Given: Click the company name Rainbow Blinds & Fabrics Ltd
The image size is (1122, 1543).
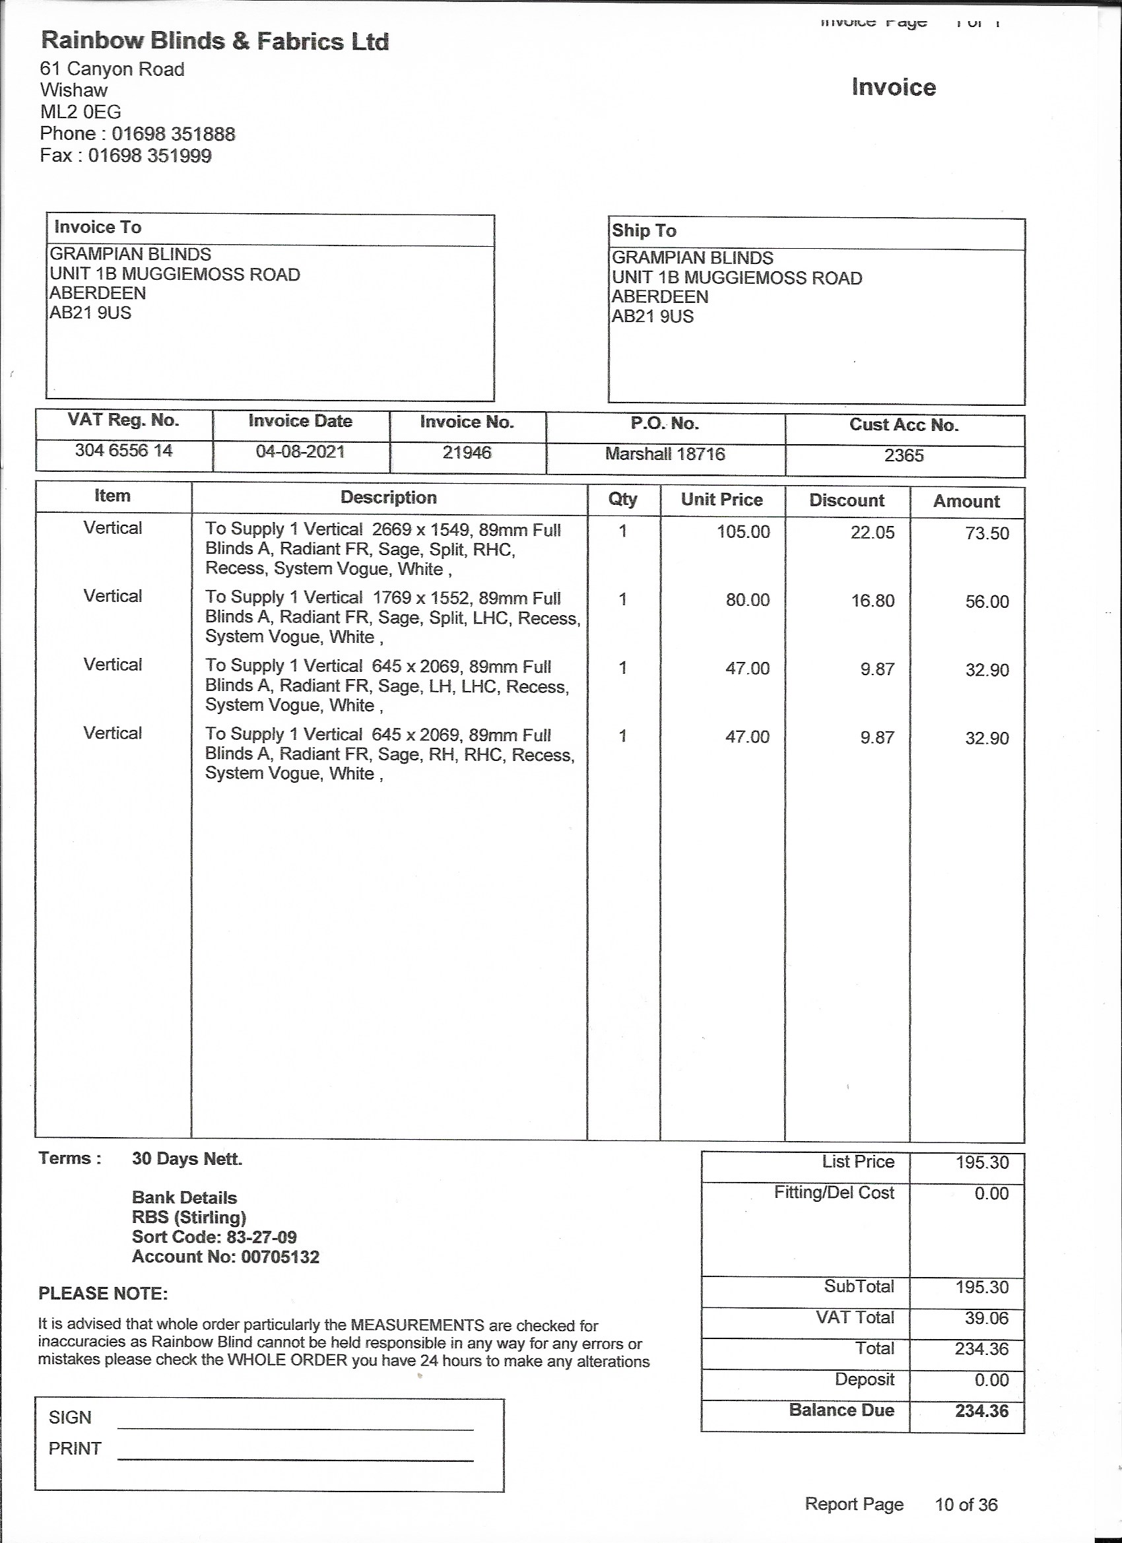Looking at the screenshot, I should tap(215, 42).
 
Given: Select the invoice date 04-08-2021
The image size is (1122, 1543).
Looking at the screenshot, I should tap(300, 451).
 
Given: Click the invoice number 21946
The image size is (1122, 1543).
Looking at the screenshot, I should tap(467, 453).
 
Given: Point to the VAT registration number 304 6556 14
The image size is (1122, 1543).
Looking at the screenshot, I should tap(124, 450).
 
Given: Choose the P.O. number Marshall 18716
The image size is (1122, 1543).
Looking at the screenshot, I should tap(665, 454).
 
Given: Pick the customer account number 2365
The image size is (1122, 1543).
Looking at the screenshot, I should tap(904, 455).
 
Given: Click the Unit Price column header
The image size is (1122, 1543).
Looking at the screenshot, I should tap(721, 500).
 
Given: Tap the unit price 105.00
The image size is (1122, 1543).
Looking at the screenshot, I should tap(743, 531).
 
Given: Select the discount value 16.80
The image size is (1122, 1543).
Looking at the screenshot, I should tap(873, 601).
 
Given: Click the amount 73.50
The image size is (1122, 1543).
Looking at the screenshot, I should tap(987, 533).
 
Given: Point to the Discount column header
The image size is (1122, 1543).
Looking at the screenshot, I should tap(846, 500).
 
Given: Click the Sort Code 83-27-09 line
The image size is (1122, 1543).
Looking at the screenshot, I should tap(214, 1237).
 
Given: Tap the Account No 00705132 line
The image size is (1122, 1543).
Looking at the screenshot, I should tap(225, 1257).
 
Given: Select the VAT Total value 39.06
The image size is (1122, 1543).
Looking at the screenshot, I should tap(986, 1318).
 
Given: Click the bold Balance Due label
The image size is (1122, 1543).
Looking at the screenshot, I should tap(841, 1410).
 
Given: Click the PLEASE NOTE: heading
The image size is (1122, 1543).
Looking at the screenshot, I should tap(103, 1294).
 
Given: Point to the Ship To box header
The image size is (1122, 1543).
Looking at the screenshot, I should tap(643, 230).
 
